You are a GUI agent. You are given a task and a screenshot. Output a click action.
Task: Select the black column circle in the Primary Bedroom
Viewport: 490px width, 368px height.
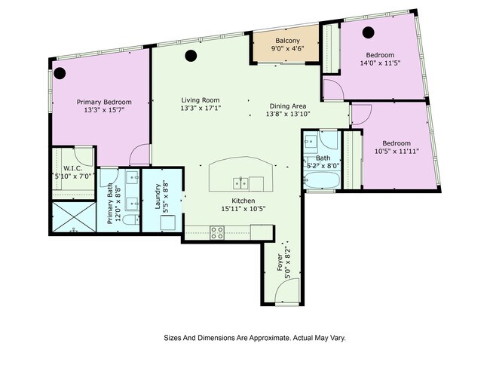(60, 73)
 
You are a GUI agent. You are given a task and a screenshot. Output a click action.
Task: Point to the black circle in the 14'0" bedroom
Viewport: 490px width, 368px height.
(368, 32)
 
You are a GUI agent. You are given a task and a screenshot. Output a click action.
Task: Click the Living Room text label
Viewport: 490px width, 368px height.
(200, 100)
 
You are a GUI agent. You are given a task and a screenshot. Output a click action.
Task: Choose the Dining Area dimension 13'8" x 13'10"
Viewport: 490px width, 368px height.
(288, 115)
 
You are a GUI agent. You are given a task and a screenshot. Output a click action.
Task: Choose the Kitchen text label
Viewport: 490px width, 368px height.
(243, 200)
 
